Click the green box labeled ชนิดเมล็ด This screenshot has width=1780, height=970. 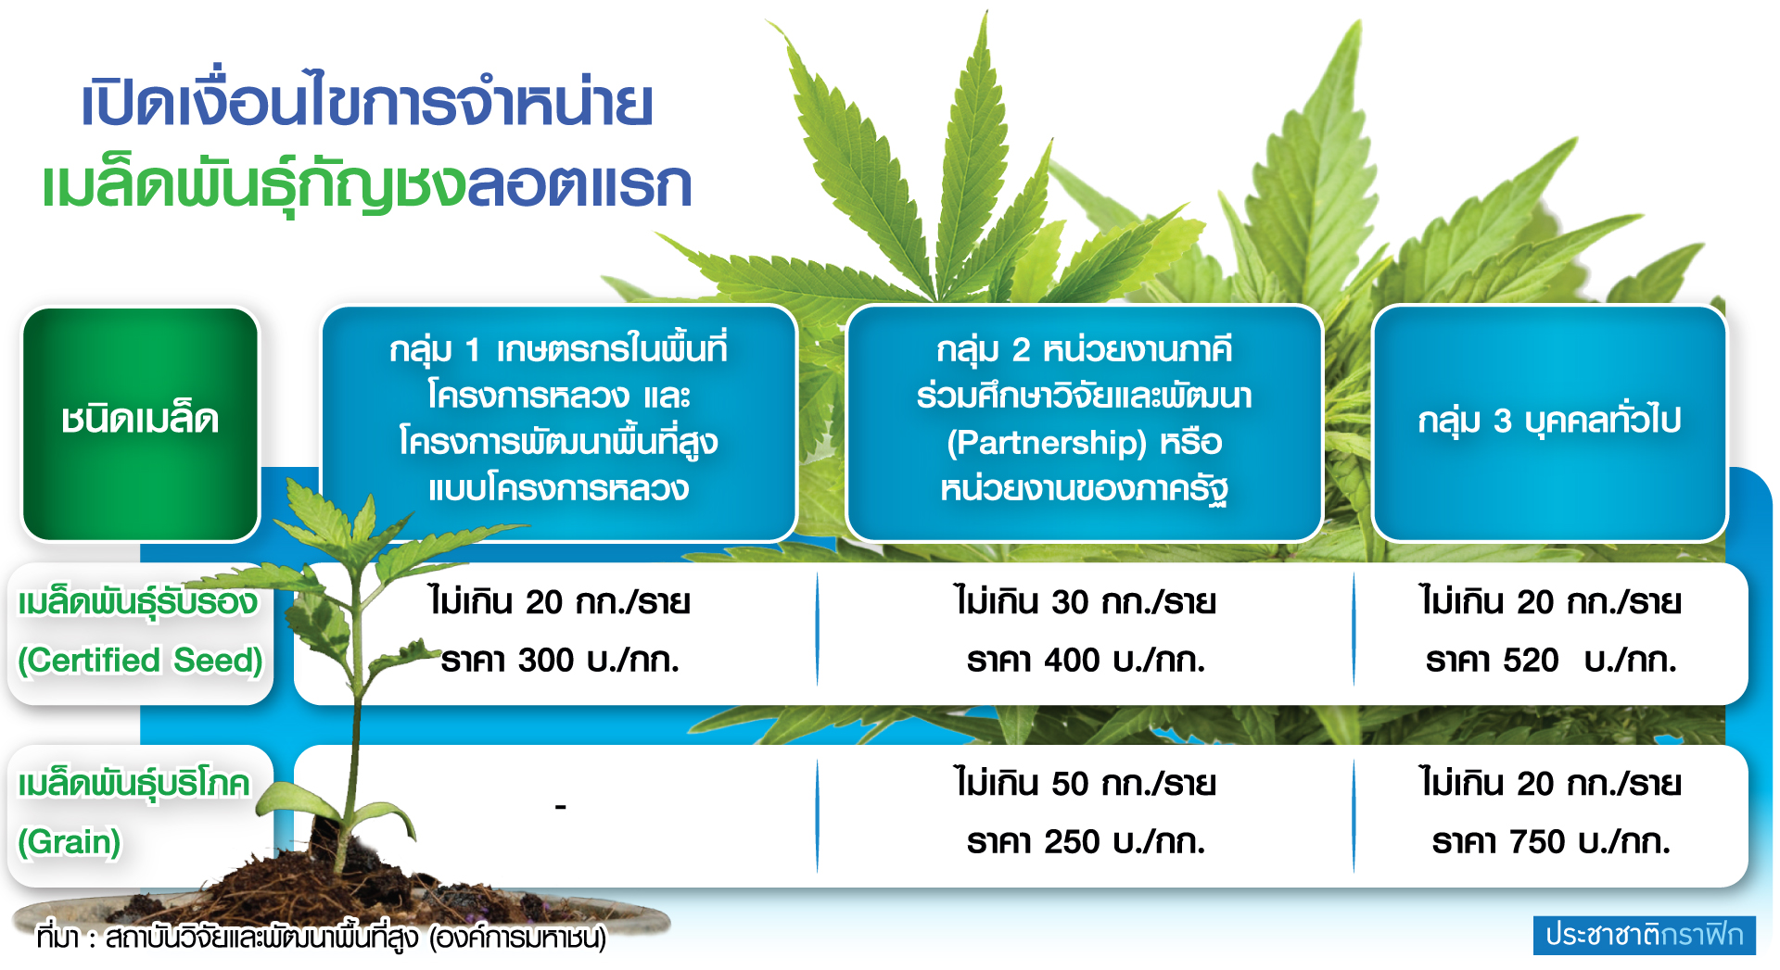140,423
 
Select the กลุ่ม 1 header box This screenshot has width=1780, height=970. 559,422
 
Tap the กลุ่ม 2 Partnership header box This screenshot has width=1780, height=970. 1084,422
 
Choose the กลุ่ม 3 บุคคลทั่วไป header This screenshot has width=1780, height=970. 1549,422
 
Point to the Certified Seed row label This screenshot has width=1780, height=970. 140,633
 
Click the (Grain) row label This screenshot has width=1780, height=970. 70,842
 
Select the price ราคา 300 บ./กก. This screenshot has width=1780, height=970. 560,661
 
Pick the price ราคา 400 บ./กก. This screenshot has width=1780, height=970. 1086,661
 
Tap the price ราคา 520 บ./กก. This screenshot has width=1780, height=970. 1551,661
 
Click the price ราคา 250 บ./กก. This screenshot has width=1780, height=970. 1086,842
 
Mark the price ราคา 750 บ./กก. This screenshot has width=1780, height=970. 1551,842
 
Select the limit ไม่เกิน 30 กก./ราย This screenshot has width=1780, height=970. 1086,602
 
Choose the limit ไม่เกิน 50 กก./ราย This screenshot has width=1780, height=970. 1086,784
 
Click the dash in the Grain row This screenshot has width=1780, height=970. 561,808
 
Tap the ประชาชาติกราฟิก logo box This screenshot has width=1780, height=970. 1645,935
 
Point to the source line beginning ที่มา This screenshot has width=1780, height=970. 322,938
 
